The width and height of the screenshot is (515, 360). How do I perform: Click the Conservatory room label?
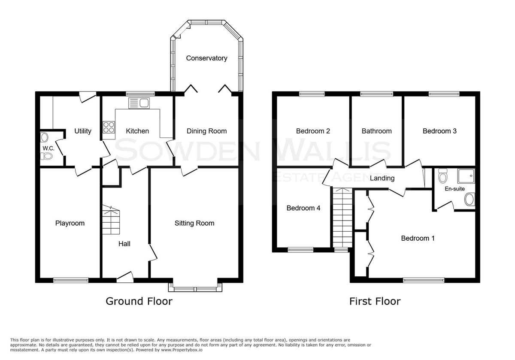[x=206, y=58]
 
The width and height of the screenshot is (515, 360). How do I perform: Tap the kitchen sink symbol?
[x=139, y=103]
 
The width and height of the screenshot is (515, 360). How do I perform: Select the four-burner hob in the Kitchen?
[x=109, y=127]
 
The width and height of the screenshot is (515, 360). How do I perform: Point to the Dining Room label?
[x=206, y=131]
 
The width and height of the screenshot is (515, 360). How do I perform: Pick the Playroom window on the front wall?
[x=71, y=280]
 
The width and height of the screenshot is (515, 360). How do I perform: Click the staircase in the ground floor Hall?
[x=111, y=220]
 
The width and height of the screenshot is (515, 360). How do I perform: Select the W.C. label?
[x=48, y=148]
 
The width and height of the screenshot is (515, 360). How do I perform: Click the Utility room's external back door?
[x=88, y=97]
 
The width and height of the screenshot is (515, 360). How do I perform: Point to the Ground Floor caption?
[x=139, y=301]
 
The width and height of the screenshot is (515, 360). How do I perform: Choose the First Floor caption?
[x=375, y=301]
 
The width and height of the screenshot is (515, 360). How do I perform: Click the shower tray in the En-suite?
[x=466, y=176]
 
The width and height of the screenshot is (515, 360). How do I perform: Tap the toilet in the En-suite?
[x=442, y=175]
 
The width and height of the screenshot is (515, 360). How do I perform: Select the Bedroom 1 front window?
[x=424, y=280]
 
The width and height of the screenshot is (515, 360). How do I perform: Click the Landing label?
[x=382, y=178]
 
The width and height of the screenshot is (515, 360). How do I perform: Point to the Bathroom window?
[x=377, y=94]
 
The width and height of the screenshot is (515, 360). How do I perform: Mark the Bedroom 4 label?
[x=303, y=208]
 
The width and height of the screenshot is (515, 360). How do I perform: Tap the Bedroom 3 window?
[x=444, y=94]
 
